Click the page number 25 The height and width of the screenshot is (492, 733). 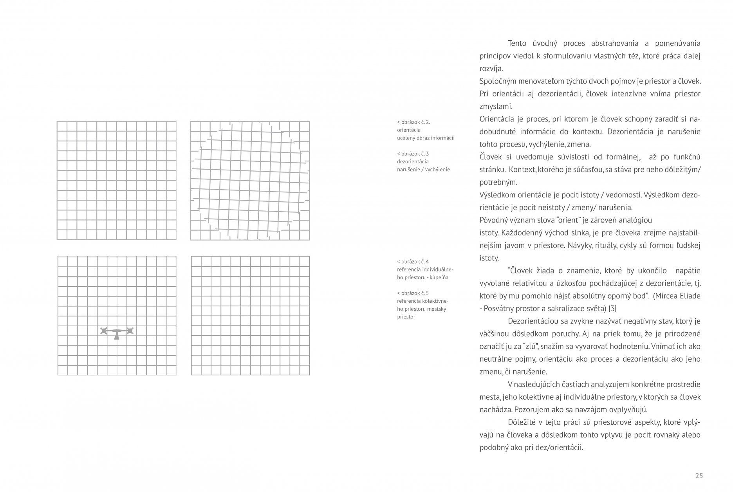click(x=699, y=476)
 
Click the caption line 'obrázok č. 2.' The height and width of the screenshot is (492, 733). click(x=415, y=122)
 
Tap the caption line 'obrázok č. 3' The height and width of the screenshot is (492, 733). click(x=414, y=154)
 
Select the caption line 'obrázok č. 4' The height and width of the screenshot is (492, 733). click(x=414, y=262)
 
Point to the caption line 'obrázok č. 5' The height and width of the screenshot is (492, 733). click(x=414, y=293)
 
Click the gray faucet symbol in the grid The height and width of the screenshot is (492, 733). click(x=117, y=333)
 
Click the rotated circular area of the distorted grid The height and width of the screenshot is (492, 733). click(x=249, y=180)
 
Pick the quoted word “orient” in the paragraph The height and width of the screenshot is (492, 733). click(x=551, y=220)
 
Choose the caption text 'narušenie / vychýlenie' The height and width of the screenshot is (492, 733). click(x=423, y=170)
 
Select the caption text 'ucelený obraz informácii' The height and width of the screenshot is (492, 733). click(x=426, y=138)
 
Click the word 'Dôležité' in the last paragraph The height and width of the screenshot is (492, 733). click(x=522, y=422)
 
